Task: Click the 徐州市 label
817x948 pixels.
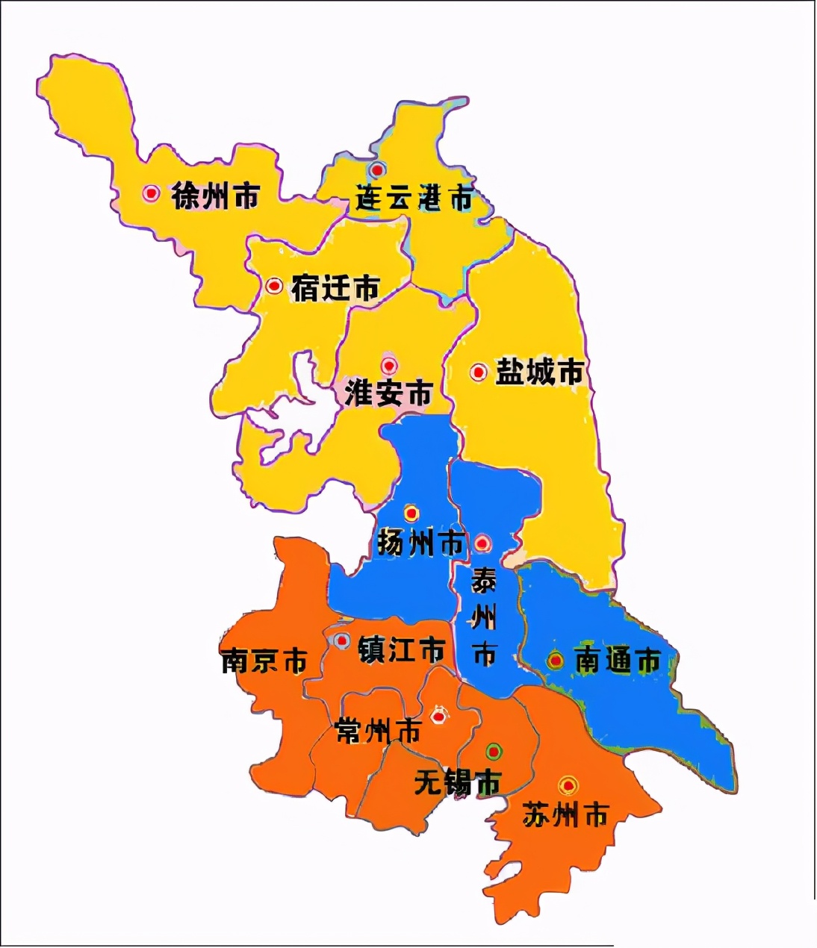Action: coord(215,196)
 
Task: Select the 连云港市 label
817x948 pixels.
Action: coord(414,199)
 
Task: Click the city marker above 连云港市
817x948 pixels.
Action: coord(378,169)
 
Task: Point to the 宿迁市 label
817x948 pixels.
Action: coord(335,287)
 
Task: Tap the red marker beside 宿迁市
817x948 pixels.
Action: coord(274,286)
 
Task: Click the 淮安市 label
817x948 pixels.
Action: coord(388,393)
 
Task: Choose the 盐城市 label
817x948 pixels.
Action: coord(540,372)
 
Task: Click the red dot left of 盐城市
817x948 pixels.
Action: coord(479,372)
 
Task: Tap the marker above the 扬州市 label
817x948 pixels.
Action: coord(411,514)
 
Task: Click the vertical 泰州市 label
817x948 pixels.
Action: coord(484,617)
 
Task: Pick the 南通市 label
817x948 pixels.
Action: coord(618,661)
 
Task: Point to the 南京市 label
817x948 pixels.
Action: coord(264,661)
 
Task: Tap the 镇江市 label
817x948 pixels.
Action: coord(401,649)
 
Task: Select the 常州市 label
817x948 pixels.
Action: coord(379,731)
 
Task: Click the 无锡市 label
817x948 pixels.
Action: coord(457,783)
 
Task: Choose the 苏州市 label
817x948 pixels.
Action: coord(565,814)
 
